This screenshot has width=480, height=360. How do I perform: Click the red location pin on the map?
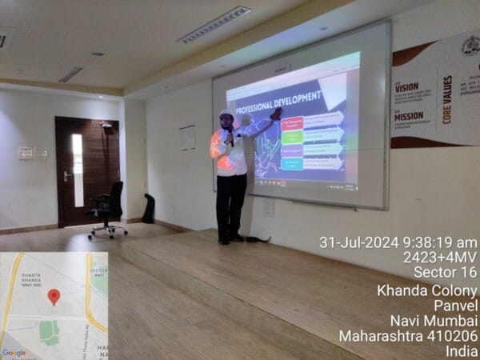click(x=54, y=297)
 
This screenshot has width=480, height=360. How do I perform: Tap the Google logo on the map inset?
click(x=14, y=353)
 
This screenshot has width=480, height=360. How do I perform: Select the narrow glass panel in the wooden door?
click(x=78, y=170)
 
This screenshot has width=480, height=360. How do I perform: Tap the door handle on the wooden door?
click(x=66, y=174)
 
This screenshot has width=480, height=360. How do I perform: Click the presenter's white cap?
click(x=226, y=113)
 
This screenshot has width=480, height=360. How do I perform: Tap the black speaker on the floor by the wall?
click(x=148, y=209)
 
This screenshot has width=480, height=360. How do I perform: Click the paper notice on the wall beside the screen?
click(x=188, y=138)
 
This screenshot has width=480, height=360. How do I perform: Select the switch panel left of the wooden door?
click(x=32, y=153)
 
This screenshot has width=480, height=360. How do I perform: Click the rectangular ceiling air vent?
click(x=214, y=24)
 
